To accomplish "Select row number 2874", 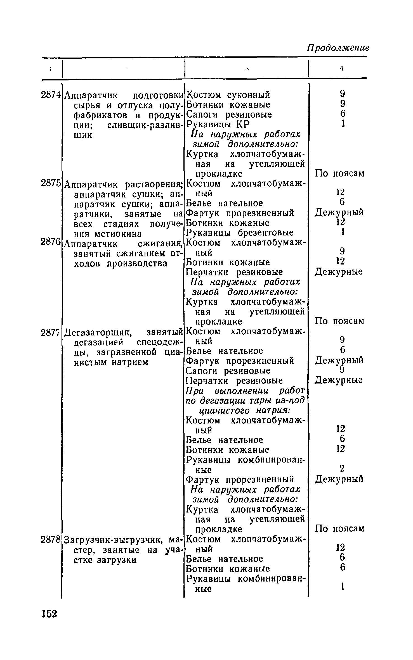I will click(51, 95).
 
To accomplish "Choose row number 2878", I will click(51, 539).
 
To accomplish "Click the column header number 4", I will click(341, 68).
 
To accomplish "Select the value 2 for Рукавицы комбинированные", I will click(341, 468).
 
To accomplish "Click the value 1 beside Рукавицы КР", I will click(342, 123).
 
